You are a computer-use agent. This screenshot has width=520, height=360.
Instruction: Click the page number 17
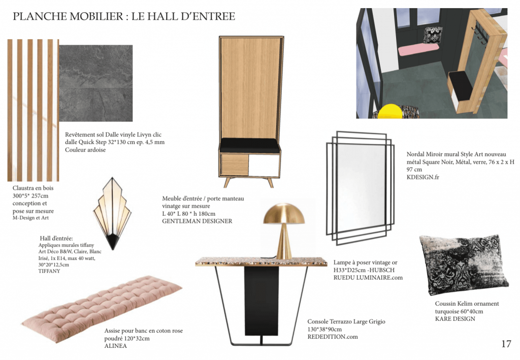click(506, 344)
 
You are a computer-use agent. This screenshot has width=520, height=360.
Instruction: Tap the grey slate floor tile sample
click(96, 83)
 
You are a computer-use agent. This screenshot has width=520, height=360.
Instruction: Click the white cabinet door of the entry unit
click(264, 165)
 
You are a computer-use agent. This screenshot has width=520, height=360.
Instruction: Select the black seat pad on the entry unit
click(250, 144)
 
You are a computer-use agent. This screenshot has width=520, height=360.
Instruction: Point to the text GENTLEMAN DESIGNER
click(197, 221)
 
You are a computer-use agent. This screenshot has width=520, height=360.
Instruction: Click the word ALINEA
click(115, 346)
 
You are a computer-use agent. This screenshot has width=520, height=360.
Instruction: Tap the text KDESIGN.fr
click(423, 177)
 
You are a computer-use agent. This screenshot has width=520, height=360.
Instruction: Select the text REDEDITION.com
click(333, 337)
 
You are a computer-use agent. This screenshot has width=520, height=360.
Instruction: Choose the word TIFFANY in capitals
click(49, 271)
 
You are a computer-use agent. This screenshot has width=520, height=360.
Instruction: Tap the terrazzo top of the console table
click(261, 262)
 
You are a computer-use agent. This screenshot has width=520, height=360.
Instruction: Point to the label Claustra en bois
click(33, 188)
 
